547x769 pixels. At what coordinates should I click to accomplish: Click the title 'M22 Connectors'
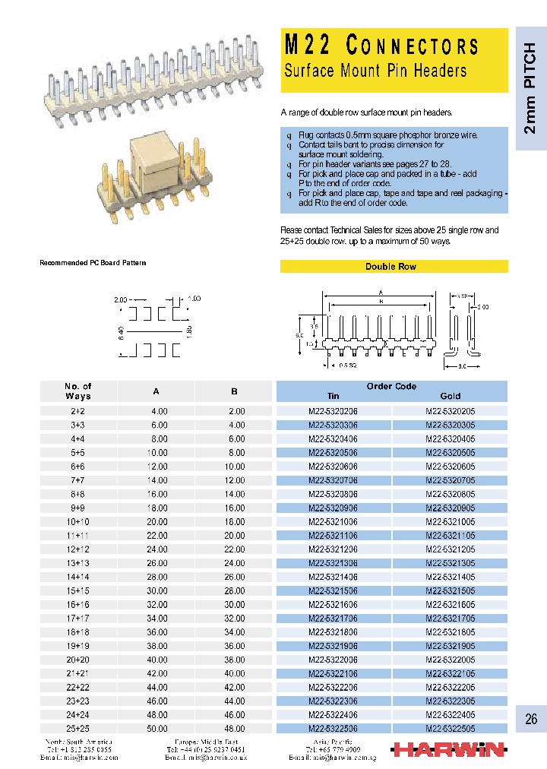coord(381,46)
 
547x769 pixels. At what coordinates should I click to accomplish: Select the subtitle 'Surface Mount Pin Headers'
coord(375,71)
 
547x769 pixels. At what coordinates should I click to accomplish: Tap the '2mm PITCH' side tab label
coord(530,88)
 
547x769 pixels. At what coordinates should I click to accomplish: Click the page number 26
coord(530,718)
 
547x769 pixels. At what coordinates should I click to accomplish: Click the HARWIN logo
coord(447,750)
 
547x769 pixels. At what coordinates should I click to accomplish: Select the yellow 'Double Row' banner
coord(390,267)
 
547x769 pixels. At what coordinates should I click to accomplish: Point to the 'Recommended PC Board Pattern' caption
coord(93,263)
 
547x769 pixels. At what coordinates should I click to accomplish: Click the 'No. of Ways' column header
coord(78,391)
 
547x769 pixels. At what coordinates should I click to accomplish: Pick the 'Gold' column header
coord(451,396)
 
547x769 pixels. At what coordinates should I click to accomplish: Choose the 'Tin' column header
coord(333,396)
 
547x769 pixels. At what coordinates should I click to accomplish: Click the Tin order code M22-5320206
coord(333,411)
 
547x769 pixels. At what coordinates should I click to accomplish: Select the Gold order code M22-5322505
coord(451,729)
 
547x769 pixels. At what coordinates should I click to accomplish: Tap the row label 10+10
coord(78,521)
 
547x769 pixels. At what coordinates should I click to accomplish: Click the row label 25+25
coord(78,729)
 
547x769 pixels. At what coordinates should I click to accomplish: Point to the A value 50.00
coord(157,729)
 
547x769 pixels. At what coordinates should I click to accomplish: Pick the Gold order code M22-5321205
coord(451,549)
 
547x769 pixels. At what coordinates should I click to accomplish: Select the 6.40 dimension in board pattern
coord(121,332)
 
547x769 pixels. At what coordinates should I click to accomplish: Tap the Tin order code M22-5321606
coord(333,604)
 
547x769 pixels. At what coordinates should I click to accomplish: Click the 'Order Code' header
coord(391,386)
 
